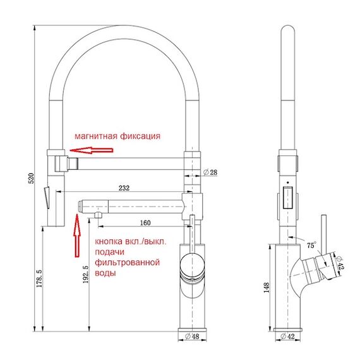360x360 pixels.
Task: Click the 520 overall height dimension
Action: (x=31, y=178)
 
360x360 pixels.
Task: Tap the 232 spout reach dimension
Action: (x=124, y=188)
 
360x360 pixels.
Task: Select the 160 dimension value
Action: (x=145, y=223)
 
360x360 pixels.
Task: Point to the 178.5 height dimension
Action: (x=40, y=279)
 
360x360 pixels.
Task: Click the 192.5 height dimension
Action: (x=86, y=274)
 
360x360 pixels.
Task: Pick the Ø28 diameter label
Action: (x=210, y=172)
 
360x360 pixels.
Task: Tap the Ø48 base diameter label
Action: (x=192, y=337)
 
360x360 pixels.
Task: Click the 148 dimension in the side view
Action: (x=267, y=287)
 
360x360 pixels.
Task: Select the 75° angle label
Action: (x=311, y=245)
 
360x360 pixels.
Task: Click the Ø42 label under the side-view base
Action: (x=287, y=337)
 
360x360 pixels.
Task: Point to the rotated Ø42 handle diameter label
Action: (x=340, y=263)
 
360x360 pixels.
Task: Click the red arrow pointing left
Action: (x=92, y=150)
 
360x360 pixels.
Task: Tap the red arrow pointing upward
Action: (x=77, y=236)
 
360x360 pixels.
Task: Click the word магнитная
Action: (x=96, y=136)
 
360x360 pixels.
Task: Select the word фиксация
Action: (x=140, y=136)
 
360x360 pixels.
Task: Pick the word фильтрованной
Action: (x=127, y=262)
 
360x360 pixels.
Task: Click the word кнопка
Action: (x=109, y=241)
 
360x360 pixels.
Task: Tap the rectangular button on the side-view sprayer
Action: (x=287, y=198)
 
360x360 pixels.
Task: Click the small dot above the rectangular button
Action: (x=287, y=183)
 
